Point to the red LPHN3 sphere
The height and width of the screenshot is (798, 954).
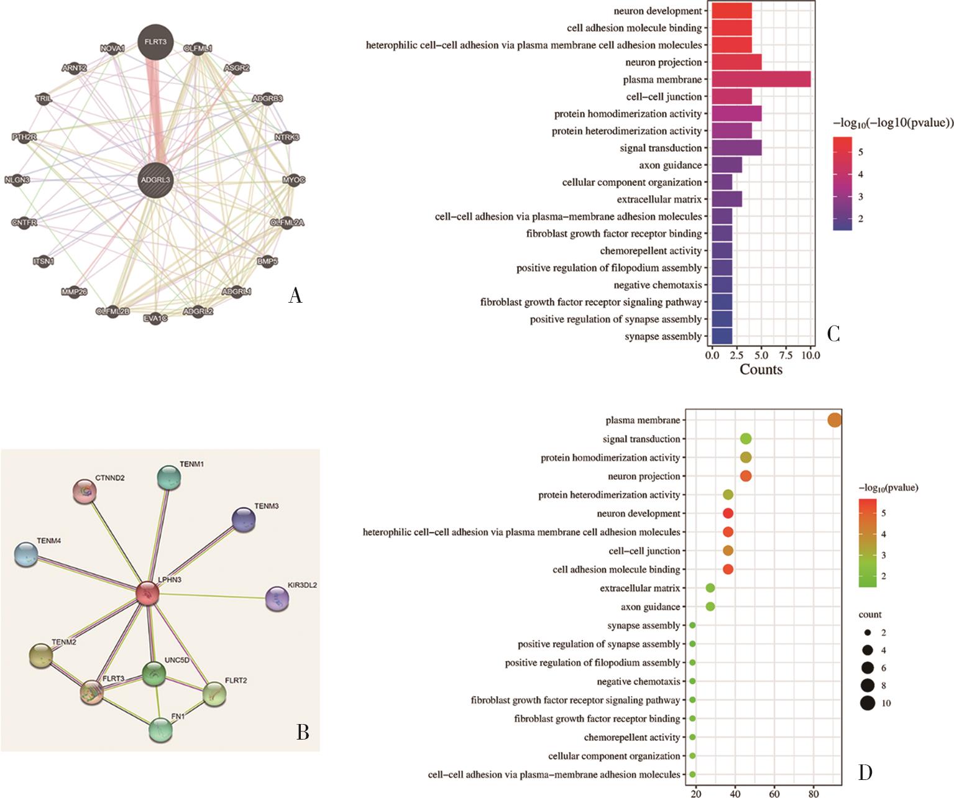(x=148, y=594)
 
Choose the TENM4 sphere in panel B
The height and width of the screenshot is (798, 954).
(x=25, y=554)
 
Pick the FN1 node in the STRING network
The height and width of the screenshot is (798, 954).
(x=160, y=729)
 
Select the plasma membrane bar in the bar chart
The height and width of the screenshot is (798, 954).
(x=761, y=80)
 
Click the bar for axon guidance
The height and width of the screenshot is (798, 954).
(x=727, y=165)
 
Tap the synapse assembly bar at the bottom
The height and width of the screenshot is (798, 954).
(x=722, y=336)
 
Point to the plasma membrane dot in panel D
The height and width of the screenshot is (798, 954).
(x=835, y=421)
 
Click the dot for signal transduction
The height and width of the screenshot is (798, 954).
(x=746, y=439)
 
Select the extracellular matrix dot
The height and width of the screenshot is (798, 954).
(x=710, y=588)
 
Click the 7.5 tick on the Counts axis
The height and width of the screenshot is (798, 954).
(x=786, y=355)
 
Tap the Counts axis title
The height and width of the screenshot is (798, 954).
(x=761, y=370)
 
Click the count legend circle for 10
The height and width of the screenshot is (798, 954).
(x=868, y=704)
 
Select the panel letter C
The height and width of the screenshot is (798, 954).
(x=834, y=334)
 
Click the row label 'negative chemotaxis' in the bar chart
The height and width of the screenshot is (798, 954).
(x=658, y=285)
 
